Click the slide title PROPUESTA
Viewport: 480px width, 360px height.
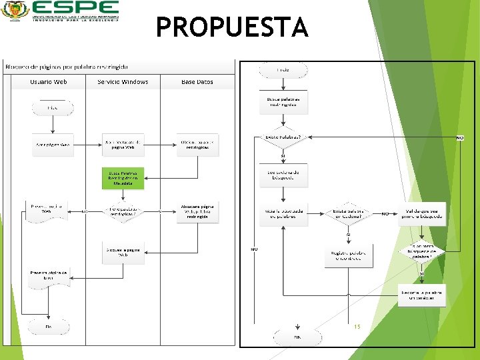click(x=232, y=28)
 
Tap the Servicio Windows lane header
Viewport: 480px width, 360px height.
click(x=123, y=82)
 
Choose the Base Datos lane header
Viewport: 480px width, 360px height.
click(x=197, y=82)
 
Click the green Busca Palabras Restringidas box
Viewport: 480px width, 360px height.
click(x=123, y=177)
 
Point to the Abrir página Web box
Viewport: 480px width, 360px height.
click(x=52, y=145)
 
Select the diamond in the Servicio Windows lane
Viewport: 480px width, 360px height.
click(x=123, y=211)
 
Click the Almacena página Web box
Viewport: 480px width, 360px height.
click(x=198, y=211)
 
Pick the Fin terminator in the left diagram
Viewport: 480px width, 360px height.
click(x=48, y=327)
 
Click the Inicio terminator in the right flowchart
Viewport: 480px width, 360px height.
click(x=283, y=70)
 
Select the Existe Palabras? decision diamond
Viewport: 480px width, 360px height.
click(x=283, y=137)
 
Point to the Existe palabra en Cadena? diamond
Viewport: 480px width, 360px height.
click(x=348, y=213)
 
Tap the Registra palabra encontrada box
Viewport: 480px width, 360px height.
click(x=348, y=255)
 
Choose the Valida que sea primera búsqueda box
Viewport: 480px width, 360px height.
click(x=423, y=213)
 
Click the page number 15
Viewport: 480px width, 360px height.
click(x=357, y=327)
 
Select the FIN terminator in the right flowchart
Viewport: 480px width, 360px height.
click(x=297, y=337)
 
